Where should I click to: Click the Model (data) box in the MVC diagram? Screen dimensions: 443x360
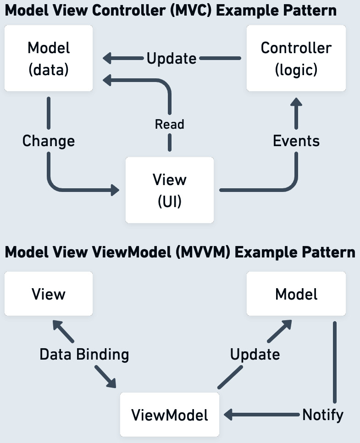coord(48,58)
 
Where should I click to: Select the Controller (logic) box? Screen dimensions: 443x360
coord(296,58)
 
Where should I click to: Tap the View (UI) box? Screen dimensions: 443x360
coord(170,190)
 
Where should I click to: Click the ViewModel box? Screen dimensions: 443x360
coord(170,415)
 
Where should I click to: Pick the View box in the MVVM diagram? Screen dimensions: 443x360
coord(48,294)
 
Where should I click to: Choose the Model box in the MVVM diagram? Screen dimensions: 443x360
coord(296,294)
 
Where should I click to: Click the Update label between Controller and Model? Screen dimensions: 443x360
coord(172,59)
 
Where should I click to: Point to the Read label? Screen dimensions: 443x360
coord(170,124)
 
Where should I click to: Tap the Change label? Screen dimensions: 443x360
coord(48,141)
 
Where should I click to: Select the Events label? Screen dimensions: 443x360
coord(296,141)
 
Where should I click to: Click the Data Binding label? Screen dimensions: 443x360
coord(84,354)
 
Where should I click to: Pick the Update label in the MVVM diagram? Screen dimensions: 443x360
coord(255,354)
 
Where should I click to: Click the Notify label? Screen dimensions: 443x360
coord(322,415)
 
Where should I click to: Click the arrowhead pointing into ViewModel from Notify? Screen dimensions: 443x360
coord(228,415)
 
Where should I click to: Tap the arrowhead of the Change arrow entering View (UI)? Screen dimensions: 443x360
coord(115,190)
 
